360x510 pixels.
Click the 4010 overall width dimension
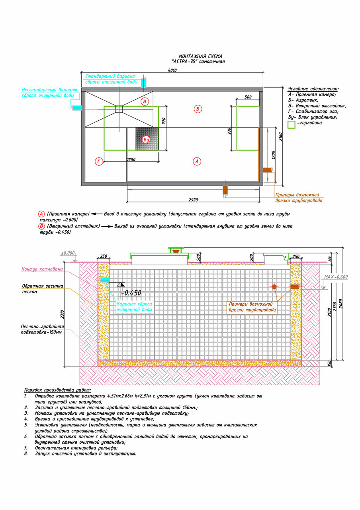pyautogui.click(x=172, y=70)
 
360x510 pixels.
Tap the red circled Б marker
pyautogui.click(x=198, y=109)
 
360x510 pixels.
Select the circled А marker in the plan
pyautogui.click(x=197, y=161)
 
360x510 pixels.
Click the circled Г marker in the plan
pyautogui.click(x=99, y=161)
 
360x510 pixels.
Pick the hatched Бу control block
pyautogui.click(x=147, y=139)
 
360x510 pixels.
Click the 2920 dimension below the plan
pyautogui.click(x=193, y=200)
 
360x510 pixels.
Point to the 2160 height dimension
pyautogui.click(x=280, y=137)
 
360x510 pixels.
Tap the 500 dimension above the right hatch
pyautogui.click(x=248, y=97)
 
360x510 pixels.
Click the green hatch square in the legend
pyautogui.click(x=292, y=125)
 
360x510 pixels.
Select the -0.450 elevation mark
pyautogui.click(x=131, y=293)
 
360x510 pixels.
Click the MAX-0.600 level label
pyautogui.click(x=336, y=277)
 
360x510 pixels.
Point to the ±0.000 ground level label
pyautogui.click(x=68, y=253)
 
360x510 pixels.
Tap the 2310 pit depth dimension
pyautogui.click(x=63, y=314)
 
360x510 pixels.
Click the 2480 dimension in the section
pyautogui.click(x=340, y=304)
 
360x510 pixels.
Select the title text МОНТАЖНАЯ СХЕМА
pyautogui.click(x=200, y=56)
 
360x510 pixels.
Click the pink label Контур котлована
pyautogui.click(x=42, y=269)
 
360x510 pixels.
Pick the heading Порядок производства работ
pyautogui.click(x=58, y=390)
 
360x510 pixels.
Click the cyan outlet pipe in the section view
pyautogui.click(x=105, y=280)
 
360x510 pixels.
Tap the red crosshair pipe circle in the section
pyautogui.click(x=274, y=286)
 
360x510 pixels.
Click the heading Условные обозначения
pyautogui.click(x=313, y=89)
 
